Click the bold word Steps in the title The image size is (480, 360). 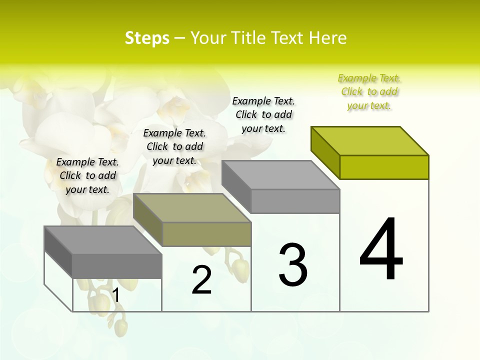[147, 38]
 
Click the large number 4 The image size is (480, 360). [381, 250]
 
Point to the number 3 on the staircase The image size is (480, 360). [293, 265]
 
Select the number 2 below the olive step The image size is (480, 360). [201, 280]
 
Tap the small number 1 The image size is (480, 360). [116, 295]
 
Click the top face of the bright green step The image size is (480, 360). [370, 140]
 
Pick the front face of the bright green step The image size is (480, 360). [384, 167]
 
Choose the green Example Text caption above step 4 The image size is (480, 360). [369, 92]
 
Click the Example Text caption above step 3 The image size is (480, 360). [263, 114]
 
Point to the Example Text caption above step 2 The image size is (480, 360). [174, 146]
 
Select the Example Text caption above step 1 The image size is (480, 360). [87, 175]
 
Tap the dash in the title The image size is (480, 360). [180, 38]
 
